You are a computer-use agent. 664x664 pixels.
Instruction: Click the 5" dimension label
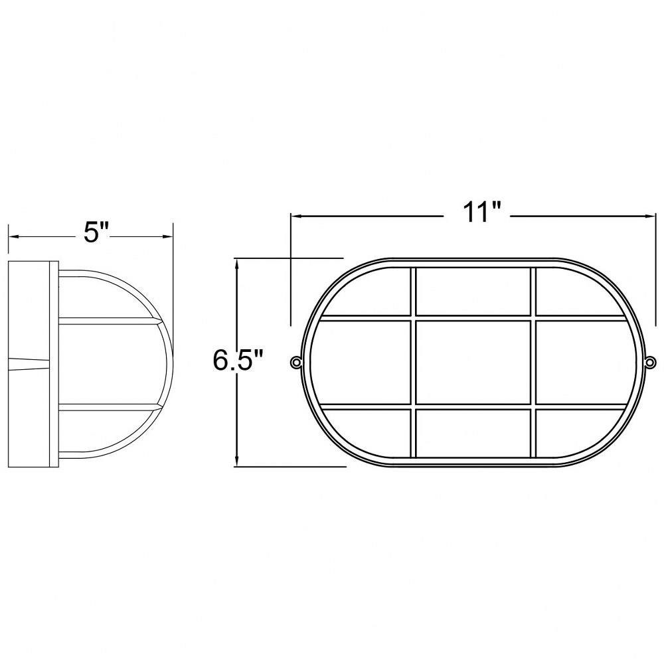tap(96, 232)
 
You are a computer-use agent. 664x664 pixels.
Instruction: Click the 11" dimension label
tap(477, 211)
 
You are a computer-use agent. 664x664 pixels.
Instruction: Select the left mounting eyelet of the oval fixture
tap(295, 362)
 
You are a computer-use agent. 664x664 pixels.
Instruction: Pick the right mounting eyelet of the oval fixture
tap(650, 362)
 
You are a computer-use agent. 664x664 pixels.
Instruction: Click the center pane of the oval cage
tap(473, 362)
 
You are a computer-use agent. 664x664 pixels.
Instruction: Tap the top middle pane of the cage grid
tap(473, 291)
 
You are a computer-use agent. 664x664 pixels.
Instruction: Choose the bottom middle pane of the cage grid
tap(473, 433)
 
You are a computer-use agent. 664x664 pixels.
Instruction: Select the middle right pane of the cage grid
tap(586, 362)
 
